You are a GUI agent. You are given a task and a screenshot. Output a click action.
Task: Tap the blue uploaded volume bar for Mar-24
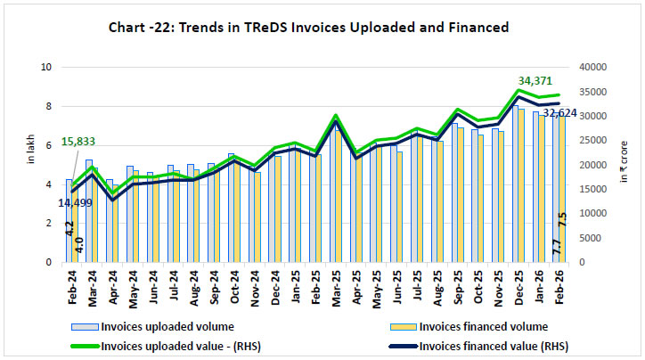[89, 211]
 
